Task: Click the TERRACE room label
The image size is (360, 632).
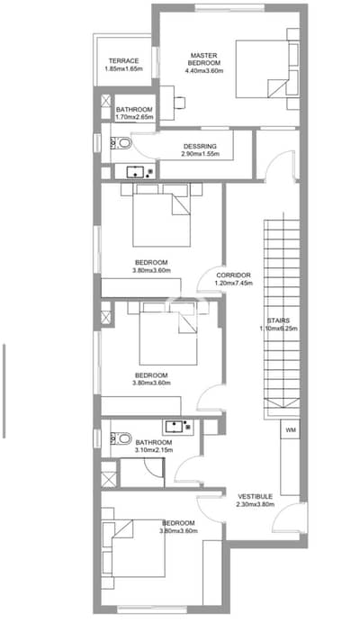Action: tap(124, 61)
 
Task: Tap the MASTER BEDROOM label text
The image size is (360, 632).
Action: tap(205, 59)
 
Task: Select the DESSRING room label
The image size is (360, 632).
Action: tap(200, 147)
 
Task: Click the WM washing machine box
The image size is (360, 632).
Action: tap(291, 430)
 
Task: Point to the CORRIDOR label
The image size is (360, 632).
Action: tap(233, 275)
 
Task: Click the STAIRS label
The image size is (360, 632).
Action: tap(278, 321)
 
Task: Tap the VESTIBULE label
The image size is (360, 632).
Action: tap(256, 497)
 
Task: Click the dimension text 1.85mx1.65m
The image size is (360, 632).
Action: tap(124, 68)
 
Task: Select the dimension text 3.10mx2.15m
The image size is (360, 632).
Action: tap(154, 450)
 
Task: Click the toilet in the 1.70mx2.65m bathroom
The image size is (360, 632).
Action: tap(121, 142)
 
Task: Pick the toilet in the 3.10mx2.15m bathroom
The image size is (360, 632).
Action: tap(121, 438)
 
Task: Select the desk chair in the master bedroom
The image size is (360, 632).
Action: tap(180, 103)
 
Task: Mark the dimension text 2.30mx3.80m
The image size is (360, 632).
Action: tap(256, 504)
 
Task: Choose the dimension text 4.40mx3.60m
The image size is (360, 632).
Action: tap(204, 70)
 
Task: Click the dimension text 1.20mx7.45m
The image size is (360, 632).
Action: tap(233, 283)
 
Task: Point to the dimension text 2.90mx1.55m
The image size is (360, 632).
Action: tap(200, 154)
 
